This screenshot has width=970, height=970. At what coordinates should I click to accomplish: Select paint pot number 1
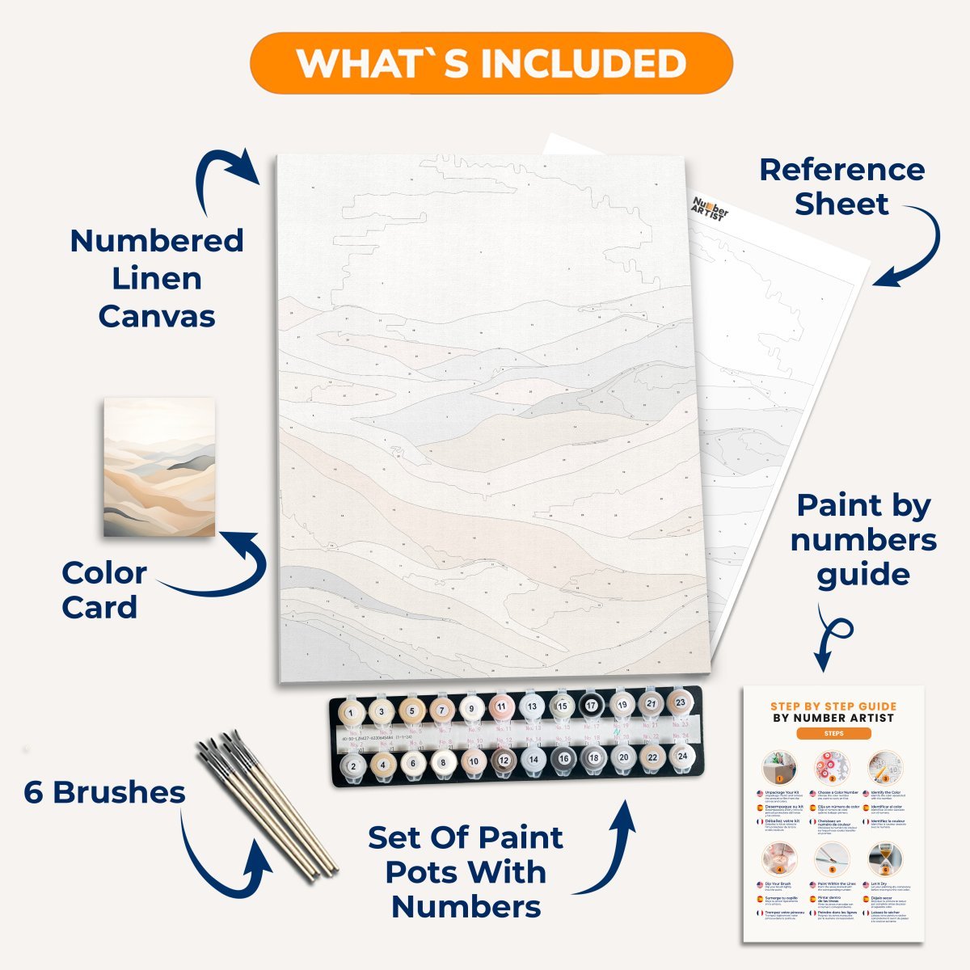click(x=351, y=713)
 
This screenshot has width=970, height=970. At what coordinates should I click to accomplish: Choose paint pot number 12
click(x=504, y=761)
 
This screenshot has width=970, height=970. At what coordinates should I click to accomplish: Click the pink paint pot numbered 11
click(x=501, y=708)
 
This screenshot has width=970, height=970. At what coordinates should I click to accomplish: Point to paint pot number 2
click(x=352, y=765)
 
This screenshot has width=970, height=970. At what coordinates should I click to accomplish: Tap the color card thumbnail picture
click(x=159, y=466)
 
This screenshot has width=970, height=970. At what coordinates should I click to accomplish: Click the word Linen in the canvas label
click(x=157, y=278)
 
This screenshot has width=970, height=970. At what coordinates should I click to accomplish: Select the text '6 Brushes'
click(x=104, y=792)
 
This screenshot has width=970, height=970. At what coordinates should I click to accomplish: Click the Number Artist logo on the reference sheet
click(x=710, y=210)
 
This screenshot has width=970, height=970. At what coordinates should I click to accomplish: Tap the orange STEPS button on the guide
click(x=833, y=733)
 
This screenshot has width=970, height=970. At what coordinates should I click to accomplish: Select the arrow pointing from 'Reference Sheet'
click(x=917, y=247)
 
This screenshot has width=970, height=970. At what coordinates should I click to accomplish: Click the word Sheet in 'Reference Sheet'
click(x=841, y=204)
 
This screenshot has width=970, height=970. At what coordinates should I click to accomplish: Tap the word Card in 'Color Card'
click(x=99, y=607)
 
